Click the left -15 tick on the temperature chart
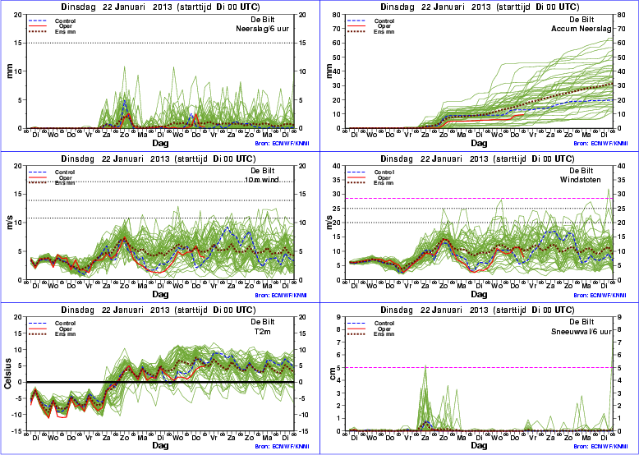[17, 430]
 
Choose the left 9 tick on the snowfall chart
[338, 317]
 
